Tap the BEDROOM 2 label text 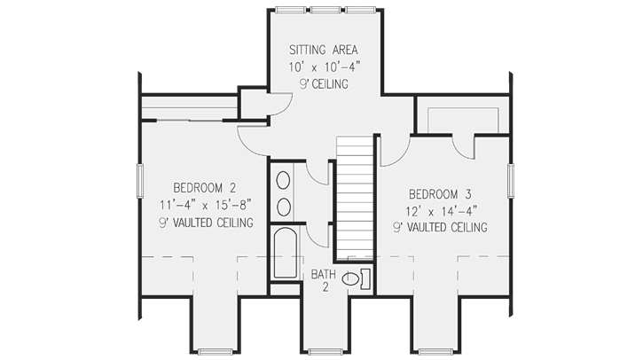[x=204, y=187]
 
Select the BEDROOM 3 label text [x=438, y=193]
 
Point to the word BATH [x=323, y=275]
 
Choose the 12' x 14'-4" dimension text [x=438, y=210]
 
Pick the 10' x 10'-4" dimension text [x=323, y=67]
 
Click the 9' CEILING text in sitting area [x=323, y=84]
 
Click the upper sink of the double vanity [x=284, y=182]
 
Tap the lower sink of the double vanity [x=284, y=207]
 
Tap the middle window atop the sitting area [x=323, y=11]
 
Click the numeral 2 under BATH [x=325, y=289]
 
